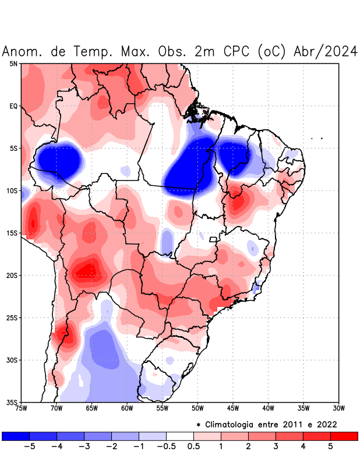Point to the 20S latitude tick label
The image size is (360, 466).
point(12,276)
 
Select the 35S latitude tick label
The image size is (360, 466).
point(12,403)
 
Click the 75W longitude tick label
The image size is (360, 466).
point(22,408)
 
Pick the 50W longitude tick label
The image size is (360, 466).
point(197,408)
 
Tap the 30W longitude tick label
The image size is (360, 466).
point(339,408)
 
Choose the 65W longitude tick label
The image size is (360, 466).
point(91,408)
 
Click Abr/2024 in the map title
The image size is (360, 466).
point(324,51)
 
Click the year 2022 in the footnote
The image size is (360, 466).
point(327,424)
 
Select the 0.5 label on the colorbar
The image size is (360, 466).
point(194,446)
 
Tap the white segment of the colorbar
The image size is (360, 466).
point(180,436)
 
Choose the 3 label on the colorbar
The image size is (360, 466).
point(276,446)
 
